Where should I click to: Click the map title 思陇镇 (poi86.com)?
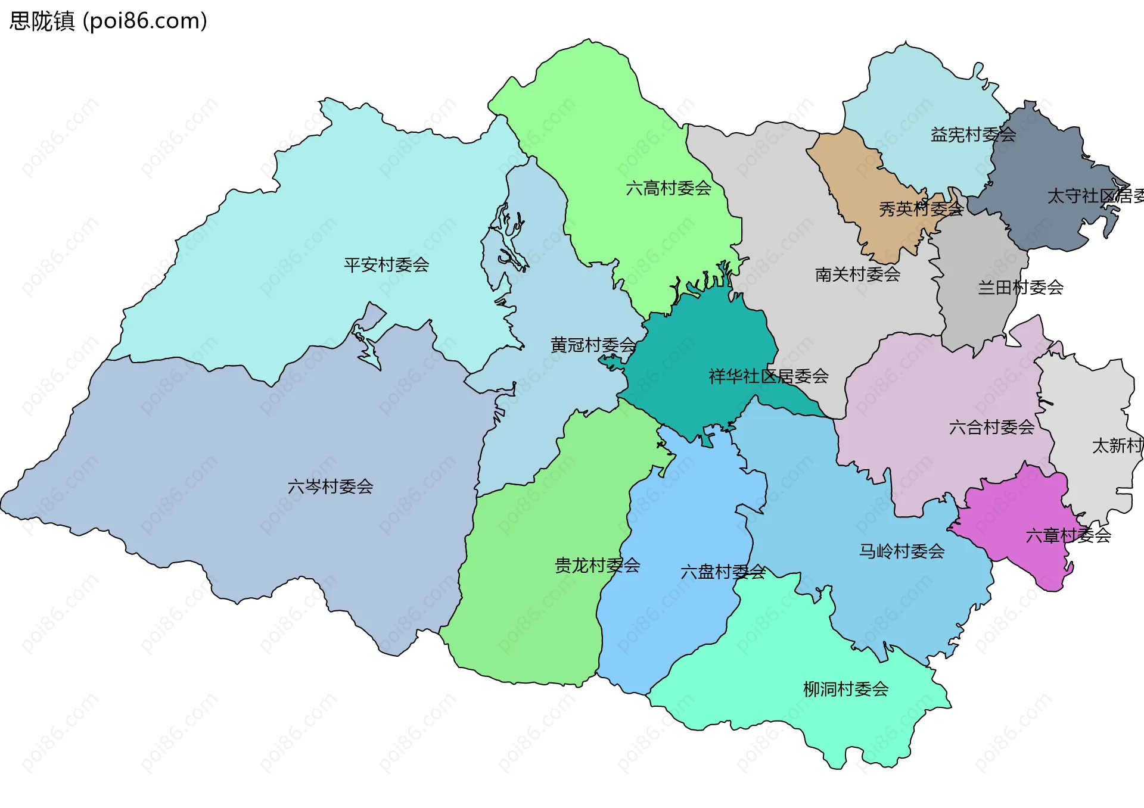coord(108,21)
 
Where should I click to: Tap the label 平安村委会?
coord(386,264)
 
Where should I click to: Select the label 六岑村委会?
coord(330,486)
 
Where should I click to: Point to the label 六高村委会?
coord(669,188)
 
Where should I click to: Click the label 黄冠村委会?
coord(593,345)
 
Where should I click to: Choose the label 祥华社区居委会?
coord(769,376)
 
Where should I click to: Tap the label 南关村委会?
coord(857,274)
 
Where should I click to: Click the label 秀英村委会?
coord(921,208)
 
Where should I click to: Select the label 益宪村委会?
coord(973,135)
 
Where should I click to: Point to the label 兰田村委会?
coord(1021,288)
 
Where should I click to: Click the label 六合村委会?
coord(991,427)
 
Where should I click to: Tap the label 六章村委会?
coord(1068,535)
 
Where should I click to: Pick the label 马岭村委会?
coord(901,551)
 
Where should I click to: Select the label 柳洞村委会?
coord(845,689)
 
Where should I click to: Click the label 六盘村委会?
coord(723,572)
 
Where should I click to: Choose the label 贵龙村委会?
coord(597,565)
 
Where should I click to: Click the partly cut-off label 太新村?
coord(1117,445)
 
